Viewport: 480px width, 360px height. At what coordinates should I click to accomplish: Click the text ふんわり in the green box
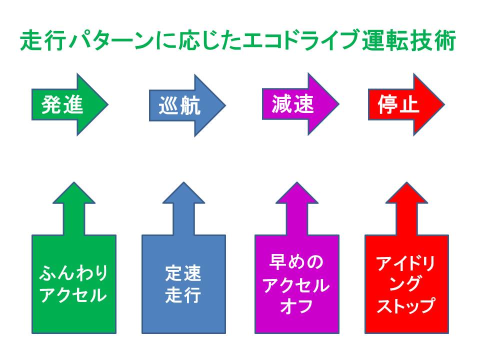74,274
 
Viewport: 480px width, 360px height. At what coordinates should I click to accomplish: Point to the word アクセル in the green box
74,295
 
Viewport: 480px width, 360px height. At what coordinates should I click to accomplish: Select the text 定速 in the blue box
183,273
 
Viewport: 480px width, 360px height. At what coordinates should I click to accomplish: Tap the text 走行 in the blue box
183,295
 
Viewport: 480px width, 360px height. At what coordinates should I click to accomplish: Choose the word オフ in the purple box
297,306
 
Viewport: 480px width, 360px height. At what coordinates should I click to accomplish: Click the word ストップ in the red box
406,306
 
